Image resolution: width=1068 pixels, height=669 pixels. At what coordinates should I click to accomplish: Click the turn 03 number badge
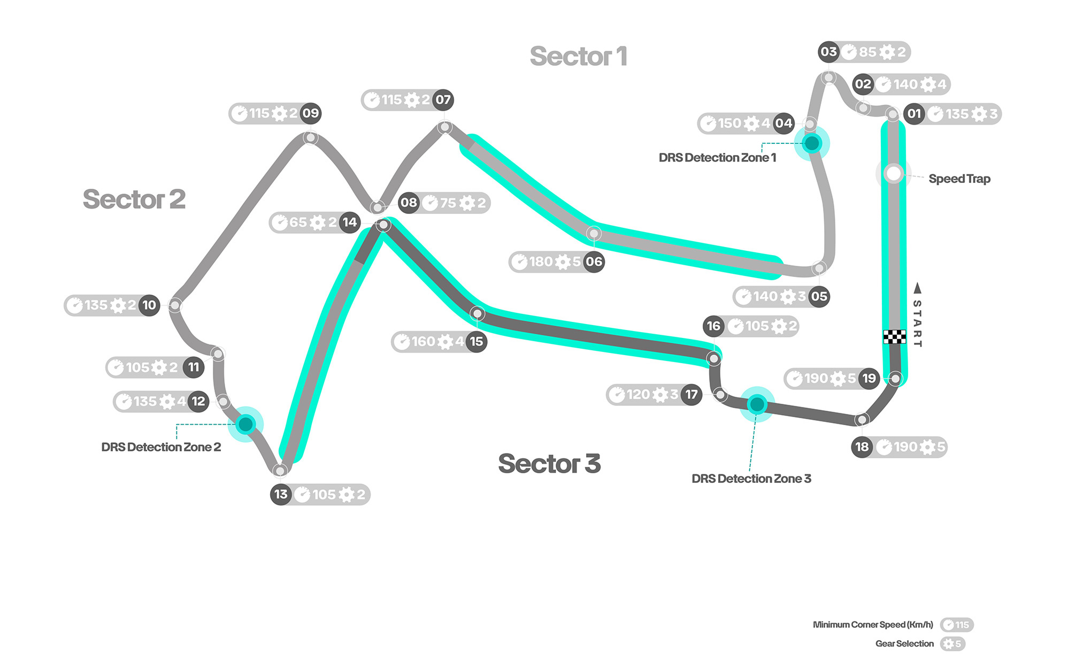tap(828, 52)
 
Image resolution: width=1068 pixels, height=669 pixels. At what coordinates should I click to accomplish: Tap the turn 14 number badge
tap(350, 222)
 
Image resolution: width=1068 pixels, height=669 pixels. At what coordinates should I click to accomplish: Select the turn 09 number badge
tap(311, 113)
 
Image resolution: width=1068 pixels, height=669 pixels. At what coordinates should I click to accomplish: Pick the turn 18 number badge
tap(862, 447)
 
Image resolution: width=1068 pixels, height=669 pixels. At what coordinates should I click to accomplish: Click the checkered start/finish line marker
tap(894, 336)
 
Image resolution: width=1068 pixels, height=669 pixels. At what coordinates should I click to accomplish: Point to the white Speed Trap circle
tap(893, 173)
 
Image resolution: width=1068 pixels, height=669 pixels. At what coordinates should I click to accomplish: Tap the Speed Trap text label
tap(959, 179)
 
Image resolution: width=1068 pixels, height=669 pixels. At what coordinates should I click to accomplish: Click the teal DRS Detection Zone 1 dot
tap(812, 143)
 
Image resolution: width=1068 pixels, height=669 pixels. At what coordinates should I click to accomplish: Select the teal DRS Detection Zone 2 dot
tap(245, 425)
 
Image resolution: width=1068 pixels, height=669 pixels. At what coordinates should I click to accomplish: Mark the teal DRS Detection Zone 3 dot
tap(757, 404)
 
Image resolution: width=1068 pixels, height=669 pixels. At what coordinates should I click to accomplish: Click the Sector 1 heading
tap(578, 56)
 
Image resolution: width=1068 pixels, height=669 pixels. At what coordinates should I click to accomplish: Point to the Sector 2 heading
tap(134, 199)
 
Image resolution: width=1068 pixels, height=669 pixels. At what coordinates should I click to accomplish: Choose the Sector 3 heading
tap(549, 464)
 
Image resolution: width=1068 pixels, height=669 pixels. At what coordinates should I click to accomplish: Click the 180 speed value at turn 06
tap(541, 262)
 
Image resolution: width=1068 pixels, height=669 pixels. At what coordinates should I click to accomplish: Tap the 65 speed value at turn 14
tap(298, 222)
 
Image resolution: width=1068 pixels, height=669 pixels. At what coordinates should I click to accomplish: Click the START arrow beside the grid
tap(918, 289)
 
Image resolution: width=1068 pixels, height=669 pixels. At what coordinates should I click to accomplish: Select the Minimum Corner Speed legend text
tap(873, 625)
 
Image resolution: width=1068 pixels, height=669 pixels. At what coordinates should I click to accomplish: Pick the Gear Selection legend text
tap(904, 644)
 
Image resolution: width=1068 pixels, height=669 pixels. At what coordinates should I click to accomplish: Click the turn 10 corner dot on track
tap(175, 305)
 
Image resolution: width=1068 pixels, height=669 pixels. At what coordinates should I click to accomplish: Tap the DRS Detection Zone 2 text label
tap(161, 447)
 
